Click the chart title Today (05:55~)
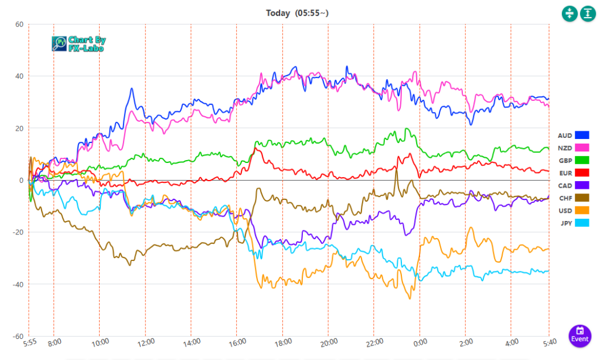pos(300,13)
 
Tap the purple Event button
pos(579,335)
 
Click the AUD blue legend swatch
pos(582,135)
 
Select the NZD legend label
pos(565,148)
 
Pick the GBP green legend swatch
pos(582,160)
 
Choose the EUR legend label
pos(565,173)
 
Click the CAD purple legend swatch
pos(582,185)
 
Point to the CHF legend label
pos(565,198)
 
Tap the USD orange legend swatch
pos(582,210)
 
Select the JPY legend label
pos(565,223)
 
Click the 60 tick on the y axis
pos(19,25)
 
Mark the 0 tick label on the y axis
pos(21,181)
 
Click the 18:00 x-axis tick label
pos(283,342)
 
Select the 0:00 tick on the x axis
pos(420,342)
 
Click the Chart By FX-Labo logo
pos(79,44)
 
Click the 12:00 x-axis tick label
pos(146,342)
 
